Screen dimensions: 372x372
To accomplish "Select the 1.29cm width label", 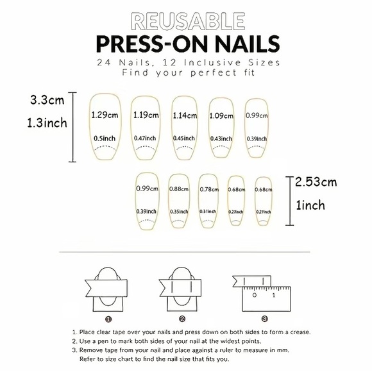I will (105, 115).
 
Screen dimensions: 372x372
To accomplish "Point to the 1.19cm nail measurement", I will (146, 116).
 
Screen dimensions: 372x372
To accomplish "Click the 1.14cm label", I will (185, 116).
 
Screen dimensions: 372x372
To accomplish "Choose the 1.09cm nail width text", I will (222, 116).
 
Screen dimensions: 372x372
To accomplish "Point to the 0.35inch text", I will (179, 211).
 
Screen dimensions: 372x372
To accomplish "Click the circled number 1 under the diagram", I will (109, 318).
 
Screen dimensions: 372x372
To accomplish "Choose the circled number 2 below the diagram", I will (182, 318).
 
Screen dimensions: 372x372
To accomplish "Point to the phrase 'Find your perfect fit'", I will (186, 74).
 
